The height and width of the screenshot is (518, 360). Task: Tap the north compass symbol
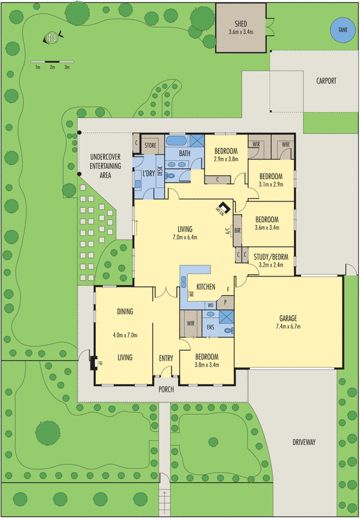(x=52, y=38)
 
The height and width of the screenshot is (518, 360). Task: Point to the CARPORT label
(x=326, y=81)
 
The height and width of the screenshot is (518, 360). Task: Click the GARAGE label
(x=287, y=318)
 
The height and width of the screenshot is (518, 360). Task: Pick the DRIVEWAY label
(x=303, y=442)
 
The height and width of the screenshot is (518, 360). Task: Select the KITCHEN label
(x=205, y=286)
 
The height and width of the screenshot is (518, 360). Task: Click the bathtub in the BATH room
(x=177, y=141)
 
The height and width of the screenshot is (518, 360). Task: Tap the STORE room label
(x=151, y=145)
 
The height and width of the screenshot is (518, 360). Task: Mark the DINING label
(x=125, y=311)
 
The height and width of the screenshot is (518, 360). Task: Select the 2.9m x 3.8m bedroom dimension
(x=227, y=158)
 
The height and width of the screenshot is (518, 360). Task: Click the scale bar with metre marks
(x=52, y=63)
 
